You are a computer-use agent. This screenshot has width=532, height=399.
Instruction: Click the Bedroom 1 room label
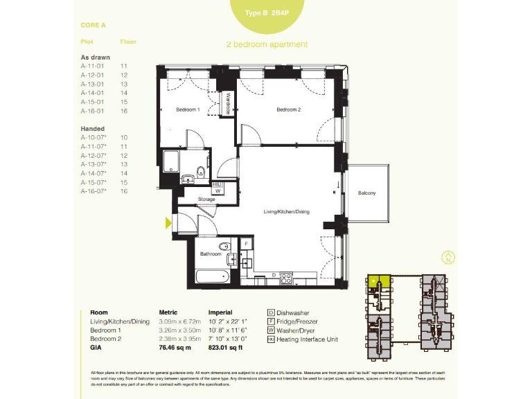[187, 110]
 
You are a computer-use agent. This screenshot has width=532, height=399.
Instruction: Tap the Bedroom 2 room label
[288, 110]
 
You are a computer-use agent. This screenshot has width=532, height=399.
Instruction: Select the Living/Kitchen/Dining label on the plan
[286, 211]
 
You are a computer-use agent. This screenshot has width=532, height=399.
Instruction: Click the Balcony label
[366, 193]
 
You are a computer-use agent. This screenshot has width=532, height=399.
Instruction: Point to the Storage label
[206, 199]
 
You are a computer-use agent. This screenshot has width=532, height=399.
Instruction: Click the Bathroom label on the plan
[211, 254]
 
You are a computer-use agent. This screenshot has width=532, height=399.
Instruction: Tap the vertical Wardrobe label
[227, 105]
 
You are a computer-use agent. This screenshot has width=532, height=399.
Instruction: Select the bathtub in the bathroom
[213, 277]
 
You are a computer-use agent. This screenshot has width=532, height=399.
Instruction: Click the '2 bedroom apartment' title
[267, 44]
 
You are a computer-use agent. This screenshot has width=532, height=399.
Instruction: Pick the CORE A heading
[93, 25]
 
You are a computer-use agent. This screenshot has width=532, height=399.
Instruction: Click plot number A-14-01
[92, 93]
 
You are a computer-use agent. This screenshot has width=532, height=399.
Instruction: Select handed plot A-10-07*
[94, 138]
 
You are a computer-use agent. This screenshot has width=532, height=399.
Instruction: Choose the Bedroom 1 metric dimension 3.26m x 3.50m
[179, 330]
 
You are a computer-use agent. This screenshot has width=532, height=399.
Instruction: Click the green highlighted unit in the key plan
[376, 281]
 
